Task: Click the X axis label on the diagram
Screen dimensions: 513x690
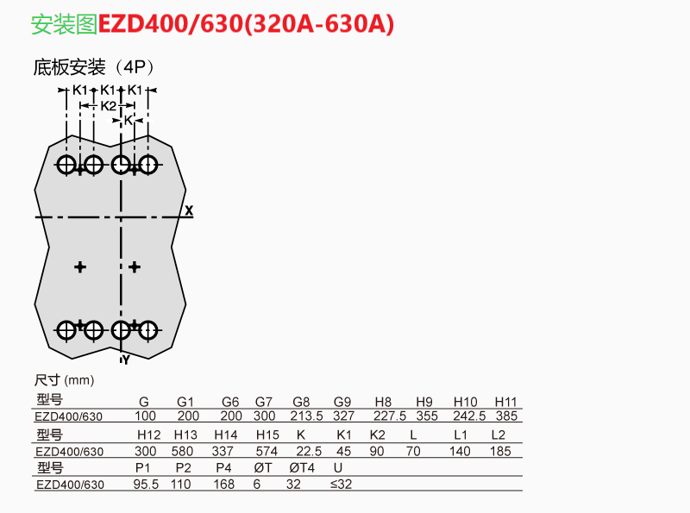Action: tap(189, 210)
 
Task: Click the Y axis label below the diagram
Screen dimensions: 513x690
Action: tap(125, 360)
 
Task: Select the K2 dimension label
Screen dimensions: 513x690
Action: tap(108, 105)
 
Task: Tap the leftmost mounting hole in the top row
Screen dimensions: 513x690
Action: tap(66, 164)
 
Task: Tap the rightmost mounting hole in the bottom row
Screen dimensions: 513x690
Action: tap(148, 328)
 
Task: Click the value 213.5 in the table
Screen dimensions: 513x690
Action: tap(306, 416)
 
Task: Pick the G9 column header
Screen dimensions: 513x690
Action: tap(342, 401)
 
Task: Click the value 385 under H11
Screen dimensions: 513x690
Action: tap(506, 416)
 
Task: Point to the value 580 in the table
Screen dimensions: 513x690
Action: tap(183, 451)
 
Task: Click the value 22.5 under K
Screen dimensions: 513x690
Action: tap(308, 451)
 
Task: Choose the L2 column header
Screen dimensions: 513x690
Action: tap(498, 435)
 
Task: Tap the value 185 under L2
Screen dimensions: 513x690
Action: tap(499, 451)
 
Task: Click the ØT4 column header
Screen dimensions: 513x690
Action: tap(302, 468)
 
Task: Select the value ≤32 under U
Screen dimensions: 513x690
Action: tap(342, 485)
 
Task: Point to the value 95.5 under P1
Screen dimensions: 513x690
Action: tap(147, 485)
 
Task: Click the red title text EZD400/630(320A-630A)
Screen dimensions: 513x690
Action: tap(247, 25)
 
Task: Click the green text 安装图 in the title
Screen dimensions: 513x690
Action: tap(64, 25)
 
